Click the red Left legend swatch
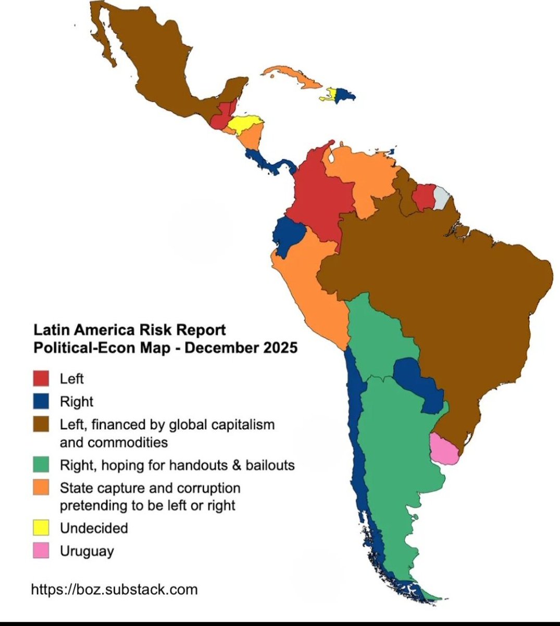[41, 378]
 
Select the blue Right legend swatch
[41, 401]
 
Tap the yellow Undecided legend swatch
[41, 527]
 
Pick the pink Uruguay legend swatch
[41, 550]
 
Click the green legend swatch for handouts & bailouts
[41, 464]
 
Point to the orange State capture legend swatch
[41, 488]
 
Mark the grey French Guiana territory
[441, 197]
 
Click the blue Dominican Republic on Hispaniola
[345, 95]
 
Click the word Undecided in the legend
[94, 528]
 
